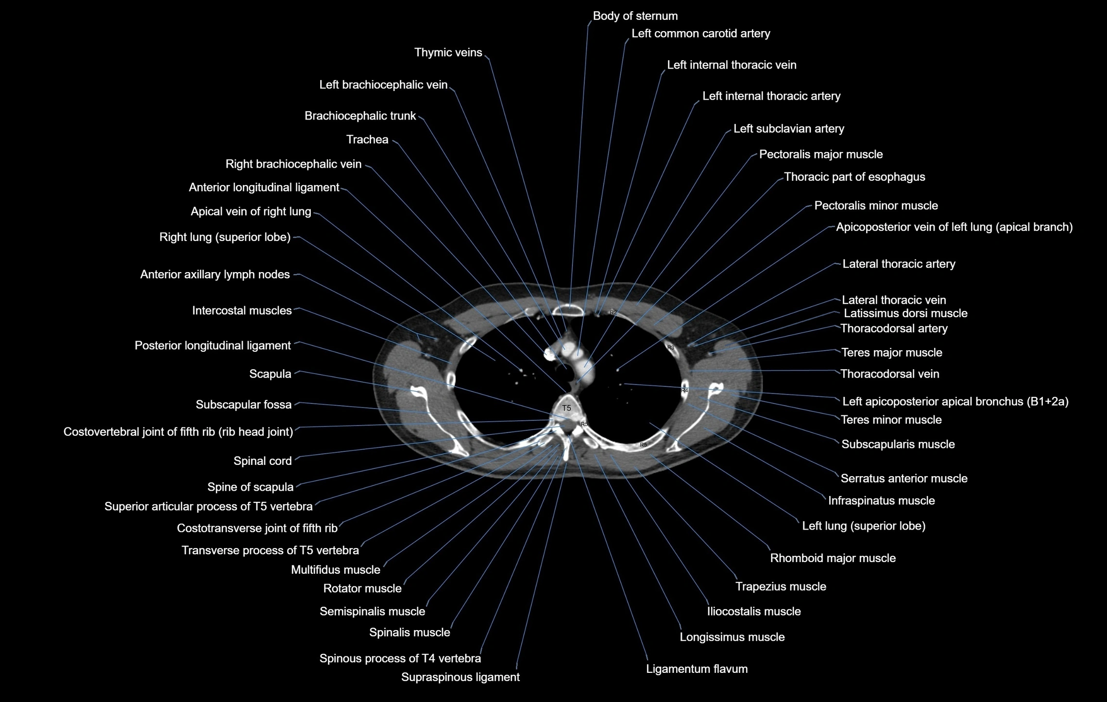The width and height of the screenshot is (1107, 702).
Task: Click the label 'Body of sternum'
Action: point(635,16)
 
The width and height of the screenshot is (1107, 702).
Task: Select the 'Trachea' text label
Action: point(367,140)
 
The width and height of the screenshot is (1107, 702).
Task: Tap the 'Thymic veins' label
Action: point(448,52)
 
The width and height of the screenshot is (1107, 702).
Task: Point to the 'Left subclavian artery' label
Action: point(788,129)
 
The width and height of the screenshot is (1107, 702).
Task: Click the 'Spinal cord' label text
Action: point(262,461)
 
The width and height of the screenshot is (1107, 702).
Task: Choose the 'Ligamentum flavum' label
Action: point(697,669)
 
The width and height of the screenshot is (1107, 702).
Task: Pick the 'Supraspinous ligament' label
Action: point(460,677)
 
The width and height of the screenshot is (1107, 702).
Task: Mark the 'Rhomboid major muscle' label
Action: point(833,558)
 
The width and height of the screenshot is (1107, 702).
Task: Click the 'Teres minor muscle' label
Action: point(891,420)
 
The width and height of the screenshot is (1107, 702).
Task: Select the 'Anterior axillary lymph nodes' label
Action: point(215,274)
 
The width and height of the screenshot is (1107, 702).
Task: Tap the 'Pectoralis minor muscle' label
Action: point(876,205)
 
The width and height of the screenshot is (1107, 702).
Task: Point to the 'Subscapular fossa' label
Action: point(243,405)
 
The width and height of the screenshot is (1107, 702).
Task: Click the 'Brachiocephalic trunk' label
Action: point(360,116)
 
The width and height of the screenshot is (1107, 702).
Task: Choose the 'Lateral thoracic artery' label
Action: point(899,264)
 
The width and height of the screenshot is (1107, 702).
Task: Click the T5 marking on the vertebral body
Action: point(566,408)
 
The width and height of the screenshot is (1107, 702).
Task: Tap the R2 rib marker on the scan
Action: point(613,312)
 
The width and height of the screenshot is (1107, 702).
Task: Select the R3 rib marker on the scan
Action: point(671,347)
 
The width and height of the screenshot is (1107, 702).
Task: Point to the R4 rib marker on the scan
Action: point(684,390)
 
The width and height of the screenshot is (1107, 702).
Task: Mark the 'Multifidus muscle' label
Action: point(335,570)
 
